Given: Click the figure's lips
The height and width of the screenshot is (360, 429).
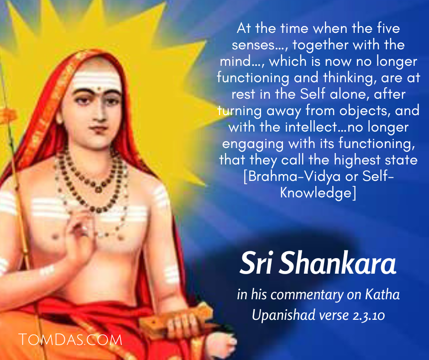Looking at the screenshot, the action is coord(99,128).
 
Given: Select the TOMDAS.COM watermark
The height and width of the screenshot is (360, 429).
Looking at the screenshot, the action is coord(70,340).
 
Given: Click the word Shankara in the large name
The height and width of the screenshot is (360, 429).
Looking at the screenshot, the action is coord(337,263).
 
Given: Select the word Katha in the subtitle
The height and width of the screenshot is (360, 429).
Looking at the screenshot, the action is coord(382,295).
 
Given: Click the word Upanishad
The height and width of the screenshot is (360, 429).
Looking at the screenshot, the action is coord(283,315).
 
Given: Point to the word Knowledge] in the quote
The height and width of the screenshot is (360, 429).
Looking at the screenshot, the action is coord(318,192).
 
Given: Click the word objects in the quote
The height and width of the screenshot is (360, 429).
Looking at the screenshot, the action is coord(363,111).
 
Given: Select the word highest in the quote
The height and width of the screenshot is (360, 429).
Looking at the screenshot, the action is coord(357,160).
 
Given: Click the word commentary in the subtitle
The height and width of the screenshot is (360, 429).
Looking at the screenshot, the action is coord(307,295).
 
